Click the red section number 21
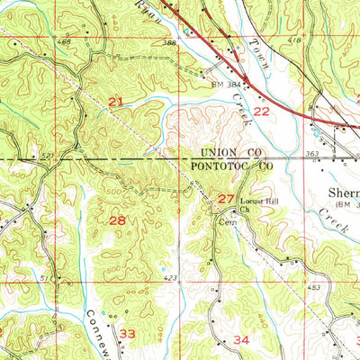tap(115, 102)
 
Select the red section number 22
tap(261, 111)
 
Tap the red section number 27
tap(226, 198)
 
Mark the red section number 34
tap(241, 339)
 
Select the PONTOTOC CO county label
tap(232, 166)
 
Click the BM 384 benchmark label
tap(227, 84)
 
